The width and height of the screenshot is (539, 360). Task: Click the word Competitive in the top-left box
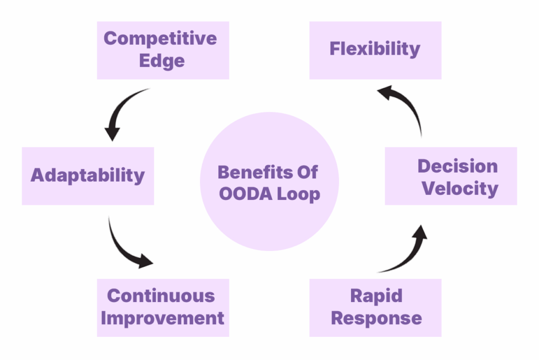click(160, 39)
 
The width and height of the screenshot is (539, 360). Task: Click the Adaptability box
click(87, 175)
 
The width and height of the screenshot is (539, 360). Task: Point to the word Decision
click(457, 166)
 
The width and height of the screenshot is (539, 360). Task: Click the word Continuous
click(161, 296)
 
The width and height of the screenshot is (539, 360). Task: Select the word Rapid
click(376, 296)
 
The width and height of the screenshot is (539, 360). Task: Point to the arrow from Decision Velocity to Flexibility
click(408, 107)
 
